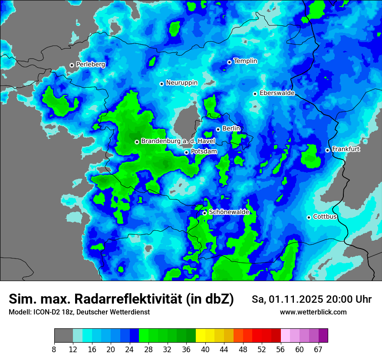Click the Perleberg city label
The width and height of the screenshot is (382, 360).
click(x=90, y=65)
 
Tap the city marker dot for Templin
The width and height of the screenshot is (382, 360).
click(x=229, y=62)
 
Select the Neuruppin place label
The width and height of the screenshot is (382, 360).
click(x=181, y=83)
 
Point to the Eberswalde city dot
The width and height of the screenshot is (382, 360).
click(x=255, y=94)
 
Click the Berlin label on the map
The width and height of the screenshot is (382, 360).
click(x=231, y=129)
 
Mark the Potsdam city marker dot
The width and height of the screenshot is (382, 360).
click(x=186, y=152)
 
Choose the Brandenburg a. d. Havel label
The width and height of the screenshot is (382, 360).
click(x=178, y=141)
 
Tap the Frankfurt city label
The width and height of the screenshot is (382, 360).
click(x=346, y=149)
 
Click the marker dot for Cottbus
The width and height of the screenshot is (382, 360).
click(x=309, y=217)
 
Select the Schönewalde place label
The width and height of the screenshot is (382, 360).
click(x=229, y=212)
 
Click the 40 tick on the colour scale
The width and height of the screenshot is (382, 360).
click(x=205, y=350)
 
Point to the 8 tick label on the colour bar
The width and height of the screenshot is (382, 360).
click(x=54, y=350)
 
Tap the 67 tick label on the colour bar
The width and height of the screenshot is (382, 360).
click(x=318, y=350)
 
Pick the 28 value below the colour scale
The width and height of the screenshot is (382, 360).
click(x=148, y=350)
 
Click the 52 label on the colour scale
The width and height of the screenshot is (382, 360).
click(x=261, y=350)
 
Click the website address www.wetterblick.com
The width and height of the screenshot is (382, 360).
click(x=313, y=312)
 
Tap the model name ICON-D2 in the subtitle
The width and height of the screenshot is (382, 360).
click(x=45, y=312)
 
